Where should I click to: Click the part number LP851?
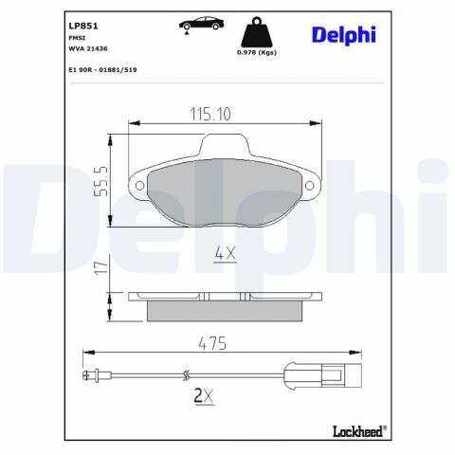pyautogui.click(x=83, y=26)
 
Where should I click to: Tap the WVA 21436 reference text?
pyautogui.click(x=88, y=48)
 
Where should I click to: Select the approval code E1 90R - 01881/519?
pyautogui.click(x=102, y=70)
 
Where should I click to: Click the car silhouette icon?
pyautogui.click(x=201, y=24)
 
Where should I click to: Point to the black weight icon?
pyautogui.click(x=257, y=32)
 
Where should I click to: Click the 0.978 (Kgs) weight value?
pyautogui.click(x=257, y=52)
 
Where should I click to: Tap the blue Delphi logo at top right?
pyautogui.click(x=344, y=35)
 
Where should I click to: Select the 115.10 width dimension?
pyautogui.click(x=210, y=114)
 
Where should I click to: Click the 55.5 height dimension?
pyautogui.click(x=101, y=181)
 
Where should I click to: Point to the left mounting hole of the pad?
pyautogui.click(x=139, y=186)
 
